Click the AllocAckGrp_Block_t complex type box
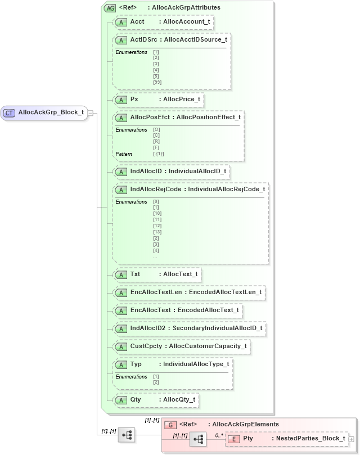click(45, 112)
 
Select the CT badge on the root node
click(9, 112)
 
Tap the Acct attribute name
click(137, 21)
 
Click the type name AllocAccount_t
click(186, 21)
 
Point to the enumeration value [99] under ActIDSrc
click(157, 82)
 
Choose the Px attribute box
click(158, 100)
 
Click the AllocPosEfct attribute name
click(151, 117)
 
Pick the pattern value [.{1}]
click(158, 154)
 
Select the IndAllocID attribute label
click(146, 171)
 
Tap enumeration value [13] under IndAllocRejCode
click(157, 232)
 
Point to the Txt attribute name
click(135, 274)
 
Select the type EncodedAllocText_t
click(208, 310)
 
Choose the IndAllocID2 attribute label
click(148, 328)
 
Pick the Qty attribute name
click(136, 400)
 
